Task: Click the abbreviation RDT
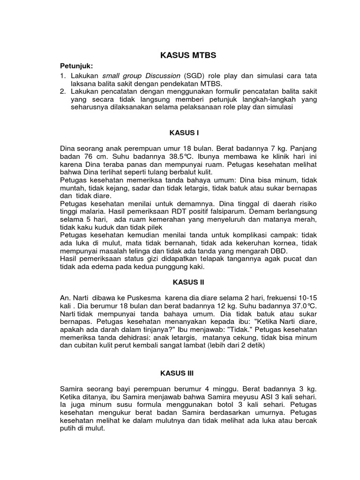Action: [x=176, y=211]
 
